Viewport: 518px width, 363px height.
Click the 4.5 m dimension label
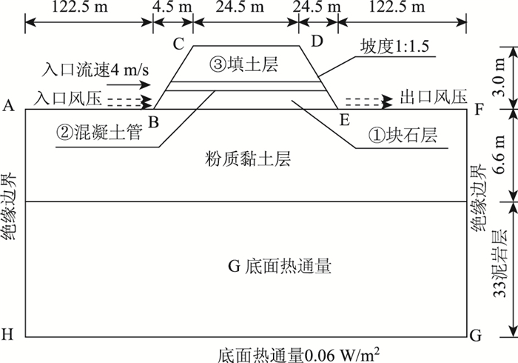(172, 9)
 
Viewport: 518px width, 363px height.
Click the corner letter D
(317, 41)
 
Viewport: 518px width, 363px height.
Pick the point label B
(154, 120)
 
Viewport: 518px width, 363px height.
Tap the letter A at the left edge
(9, 107)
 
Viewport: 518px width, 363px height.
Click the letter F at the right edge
(479, 108)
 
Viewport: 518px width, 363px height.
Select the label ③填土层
(244, 66)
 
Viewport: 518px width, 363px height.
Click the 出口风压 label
(434, 97)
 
